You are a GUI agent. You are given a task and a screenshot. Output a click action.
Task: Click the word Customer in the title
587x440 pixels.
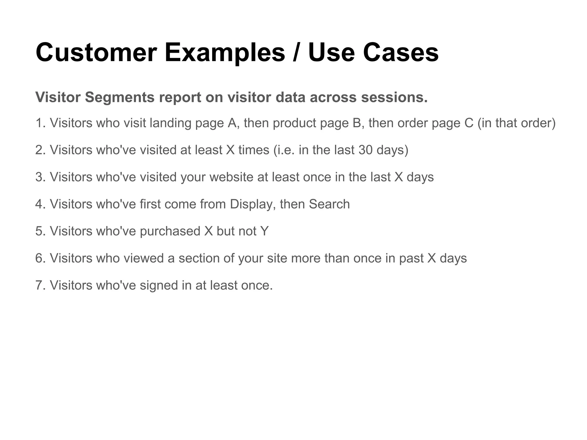click(96, 52)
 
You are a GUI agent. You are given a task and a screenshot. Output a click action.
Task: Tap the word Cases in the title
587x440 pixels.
click(401, 52)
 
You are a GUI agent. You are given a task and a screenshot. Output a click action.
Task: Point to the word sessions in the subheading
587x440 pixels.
click(394, 97)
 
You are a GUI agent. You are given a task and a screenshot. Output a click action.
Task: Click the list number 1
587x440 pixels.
click(40, 123)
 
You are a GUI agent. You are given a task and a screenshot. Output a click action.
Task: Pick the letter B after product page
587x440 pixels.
click(357, 123)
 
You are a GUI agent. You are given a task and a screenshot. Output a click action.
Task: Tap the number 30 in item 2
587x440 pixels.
click(365, 150)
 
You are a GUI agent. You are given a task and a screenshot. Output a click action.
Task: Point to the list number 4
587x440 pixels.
click(40, 204)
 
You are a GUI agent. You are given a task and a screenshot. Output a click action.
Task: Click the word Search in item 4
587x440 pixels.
click(329, 204)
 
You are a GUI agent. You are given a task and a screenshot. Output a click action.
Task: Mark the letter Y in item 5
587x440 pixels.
click(265, 231)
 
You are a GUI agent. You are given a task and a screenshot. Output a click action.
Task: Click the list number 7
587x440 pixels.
click(40, 285)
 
